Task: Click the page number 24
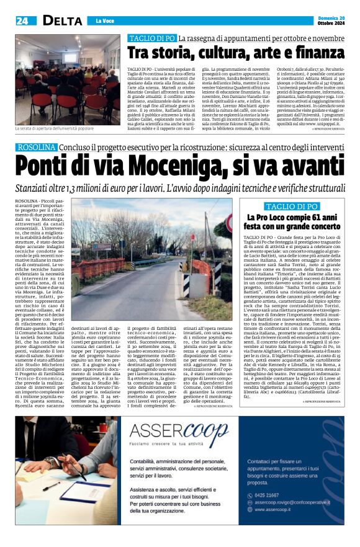22,20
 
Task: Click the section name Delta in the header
53,20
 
